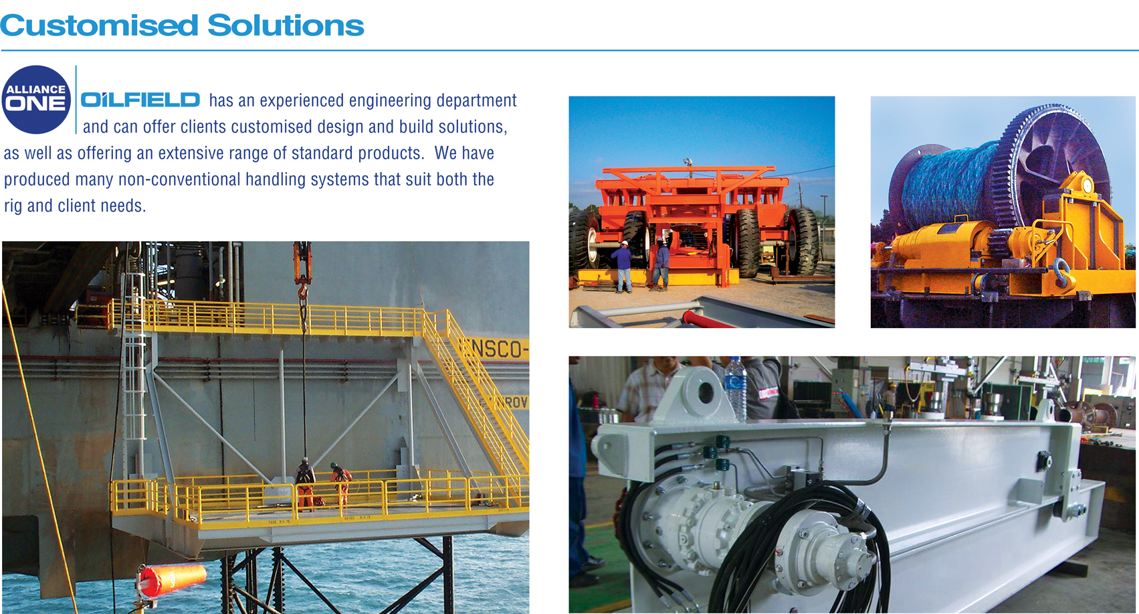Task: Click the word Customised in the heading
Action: pyautogui.click(x=99, y=25)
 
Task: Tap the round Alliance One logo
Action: pyautogui.click(x=36, y=99)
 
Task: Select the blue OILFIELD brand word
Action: pyautogui.click(x=140, y=100)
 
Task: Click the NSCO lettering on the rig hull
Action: pyautogui.click(x=500, y=349)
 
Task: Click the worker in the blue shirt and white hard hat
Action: pyautogui.click(x=622, y=264)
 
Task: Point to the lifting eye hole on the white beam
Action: pyautogui.click(x=704, y=392)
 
